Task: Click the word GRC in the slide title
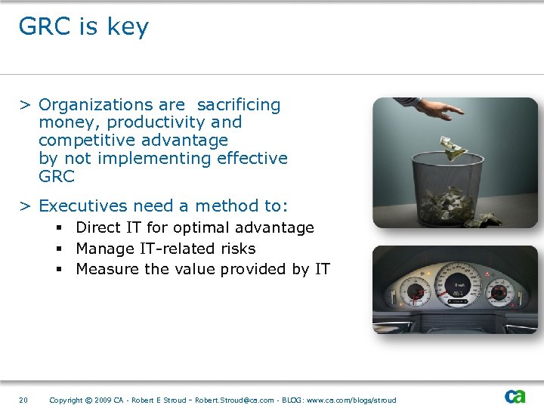[x=45, y=26]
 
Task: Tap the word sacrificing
[x=239, y=105]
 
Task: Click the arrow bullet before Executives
[x=25, y=206]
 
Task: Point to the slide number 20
[x=23, y=400]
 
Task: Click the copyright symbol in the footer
[x=89, y=400]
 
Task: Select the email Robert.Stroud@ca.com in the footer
[x=235, y=400]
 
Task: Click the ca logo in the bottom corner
[x=515, y=397]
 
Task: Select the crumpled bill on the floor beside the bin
[x=483, y=220]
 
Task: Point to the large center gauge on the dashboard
[x=456, y=286]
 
